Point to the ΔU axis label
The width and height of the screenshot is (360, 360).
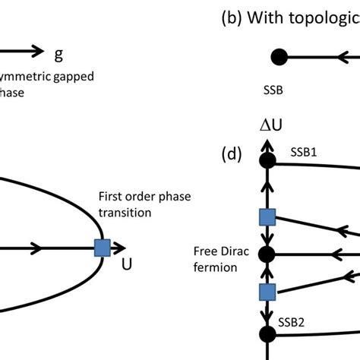tap(267, 126)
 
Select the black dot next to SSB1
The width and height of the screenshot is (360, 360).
tap(267, 160)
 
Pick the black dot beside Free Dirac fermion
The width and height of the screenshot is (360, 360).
tap(267, 252)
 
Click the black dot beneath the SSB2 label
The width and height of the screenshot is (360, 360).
tap(267, 333)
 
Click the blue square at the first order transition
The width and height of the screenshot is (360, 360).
tap(102, 247)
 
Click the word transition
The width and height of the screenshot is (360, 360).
tap(127, 213)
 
